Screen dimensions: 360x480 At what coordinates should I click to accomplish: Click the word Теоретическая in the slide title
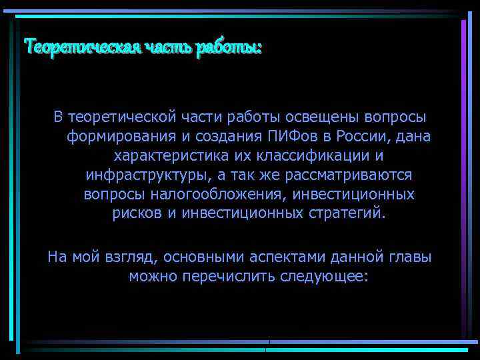[79, 47]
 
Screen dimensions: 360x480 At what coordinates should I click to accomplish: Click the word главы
[409, 257]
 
